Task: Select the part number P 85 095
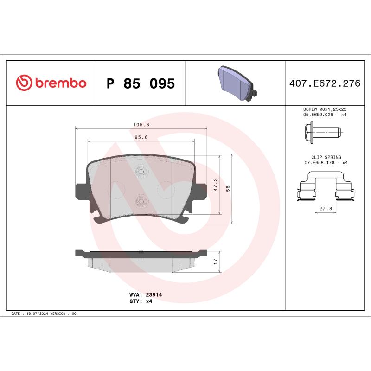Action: click(x=141, y=84)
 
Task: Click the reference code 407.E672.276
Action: click(x=325, y=84)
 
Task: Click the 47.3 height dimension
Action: click(x=214, y=185)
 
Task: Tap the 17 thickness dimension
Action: click(x=215, y=262)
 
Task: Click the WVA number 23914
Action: click(x=154, y=294)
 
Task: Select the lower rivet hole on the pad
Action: click(x=141, y=201)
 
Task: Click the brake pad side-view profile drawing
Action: click(x=141, y=259)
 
